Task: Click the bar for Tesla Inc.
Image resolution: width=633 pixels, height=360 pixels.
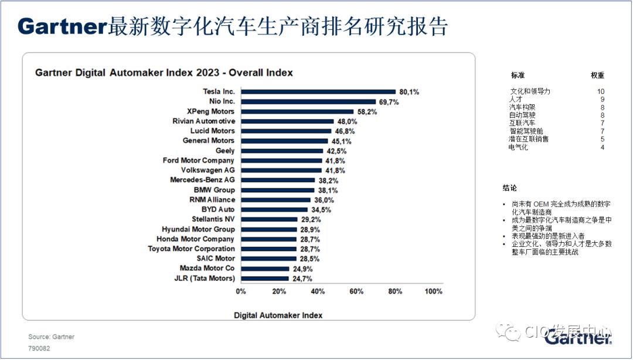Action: coord(318,91)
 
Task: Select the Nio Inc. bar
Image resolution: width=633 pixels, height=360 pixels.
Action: coord(308,102)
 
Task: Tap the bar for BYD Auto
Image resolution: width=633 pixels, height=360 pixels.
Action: coord(274,210)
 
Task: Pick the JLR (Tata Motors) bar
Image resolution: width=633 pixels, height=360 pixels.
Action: coord(265,279)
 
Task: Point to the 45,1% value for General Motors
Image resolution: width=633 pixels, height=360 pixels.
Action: coord(342,141)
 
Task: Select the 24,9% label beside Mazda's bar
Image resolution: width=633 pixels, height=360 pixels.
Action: coord(302,269)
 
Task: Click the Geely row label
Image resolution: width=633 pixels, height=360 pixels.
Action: coord(225,151)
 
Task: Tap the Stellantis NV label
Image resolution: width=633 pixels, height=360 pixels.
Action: coord(213,219)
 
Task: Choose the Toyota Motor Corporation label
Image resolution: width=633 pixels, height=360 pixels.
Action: coord(191,249)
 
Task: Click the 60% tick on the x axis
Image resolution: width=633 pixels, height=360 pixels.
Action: coord(356,291)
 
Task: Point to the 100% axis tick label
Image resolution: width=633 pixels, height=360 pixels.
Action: coord(434,291)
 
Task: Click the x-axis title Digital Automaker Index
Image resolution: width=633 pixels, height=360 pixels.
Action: coord(278,315)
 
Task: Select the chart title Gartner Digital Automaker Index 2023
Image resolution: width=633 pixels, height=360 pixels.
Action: coord(127,73)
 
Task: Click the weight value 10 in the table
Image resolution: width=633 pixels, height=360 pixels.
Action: coord(601,91)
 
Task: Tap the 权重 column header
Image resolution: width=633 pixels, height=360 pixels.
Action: coord(597,75)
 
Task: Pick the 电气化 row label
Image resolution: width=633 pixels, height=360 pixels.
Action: coord(518,147)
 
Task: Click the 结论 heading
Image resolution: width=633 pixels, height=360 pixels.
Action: coord(509,188)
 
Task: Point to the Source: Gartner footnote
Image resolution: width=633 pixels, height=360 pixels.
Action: coord(51,337)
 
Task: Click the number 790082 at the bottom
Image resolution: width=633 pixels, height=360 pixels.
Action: coord(39,348)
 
